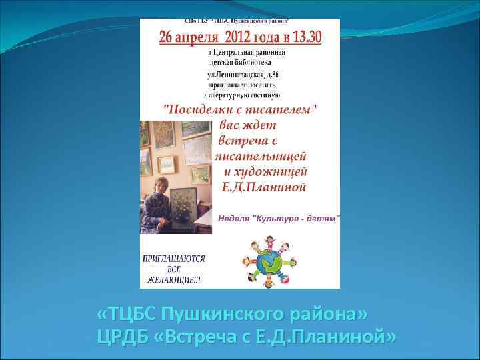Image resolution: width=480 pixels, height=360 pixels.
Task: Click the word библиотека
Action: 249,65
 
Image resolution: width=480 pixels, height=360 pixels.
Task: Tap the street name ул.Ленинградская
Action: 238,75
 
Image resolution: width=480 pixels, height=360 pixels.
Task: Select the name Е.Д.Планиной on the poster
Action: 271,187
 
